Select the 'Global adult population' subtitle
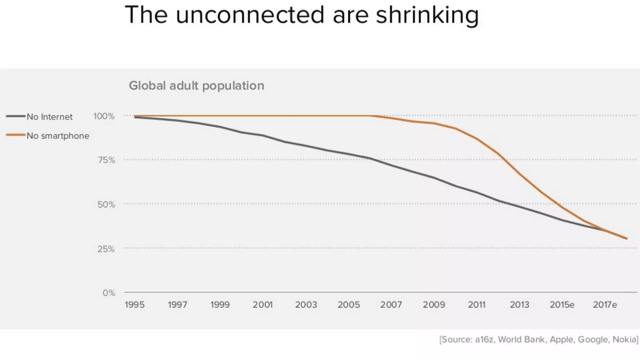coord(197,85)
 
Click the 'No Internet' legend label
coord(49,117)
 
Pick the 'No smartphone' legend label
coord(58,136)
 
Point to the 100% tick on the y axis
coord(104,116)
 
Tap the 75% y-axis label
coord(106,160)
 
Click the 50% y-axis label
coord(106,204)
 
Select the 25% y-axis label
coord(106,249)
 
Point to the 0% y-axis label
coord(109,293)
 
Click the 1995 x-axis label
coord(135,304)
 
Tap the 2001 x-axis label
coord(262,304)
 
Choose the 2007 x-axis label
coord(391,304)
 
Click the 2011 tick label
coord(477,304)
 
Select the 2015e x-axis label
coord(562,304)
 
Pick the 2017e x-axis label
coord(605,304)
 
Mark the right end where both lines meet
coord(626,238)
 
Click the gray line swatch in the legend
coord(16,116)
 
